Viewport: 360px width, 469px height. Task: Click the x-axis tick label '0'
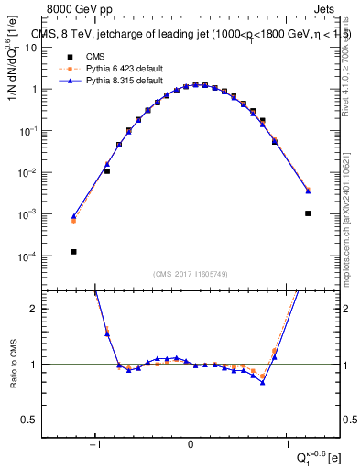(x=191, y=446)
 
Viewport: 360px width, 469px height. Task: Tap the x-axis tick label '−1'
(x=94, y=446)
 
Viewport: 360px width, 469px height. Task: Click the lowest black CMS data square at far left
(x=73, y=251)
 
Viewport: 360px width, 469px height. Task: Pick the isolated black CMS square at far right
(x=308, y=213)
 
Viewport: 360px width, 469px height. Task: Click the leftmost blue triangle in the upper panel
(x=73, y=216)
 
